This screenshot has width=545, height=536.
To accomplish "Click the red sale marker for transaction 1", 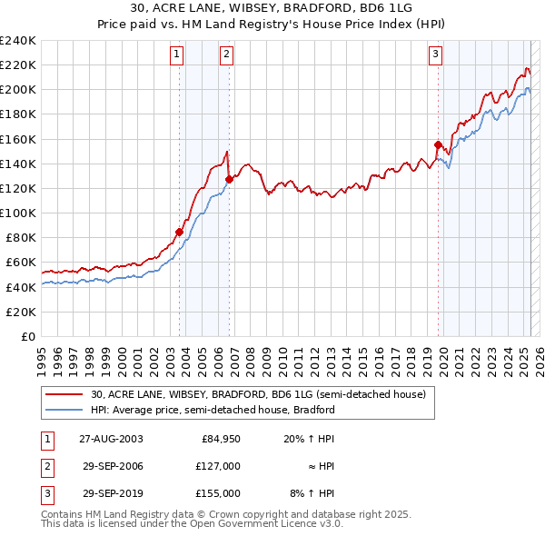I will coord(180,232).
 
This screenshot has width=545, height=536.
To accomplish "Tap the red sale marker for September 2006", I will coord(229,180).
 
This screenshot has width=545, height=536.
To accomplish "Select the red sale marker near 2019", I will coord(438,144).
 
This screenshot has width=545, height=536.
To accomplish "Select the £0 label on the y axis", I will coord(27,336).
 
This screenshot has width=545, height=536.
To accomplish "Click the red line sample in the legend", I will coord(64,395).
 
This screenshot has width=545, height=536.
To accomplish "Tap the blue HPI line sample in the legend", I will coord(64,410).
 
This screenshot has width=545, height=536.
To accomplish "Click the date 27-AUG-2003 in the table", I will coord(111,440).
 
